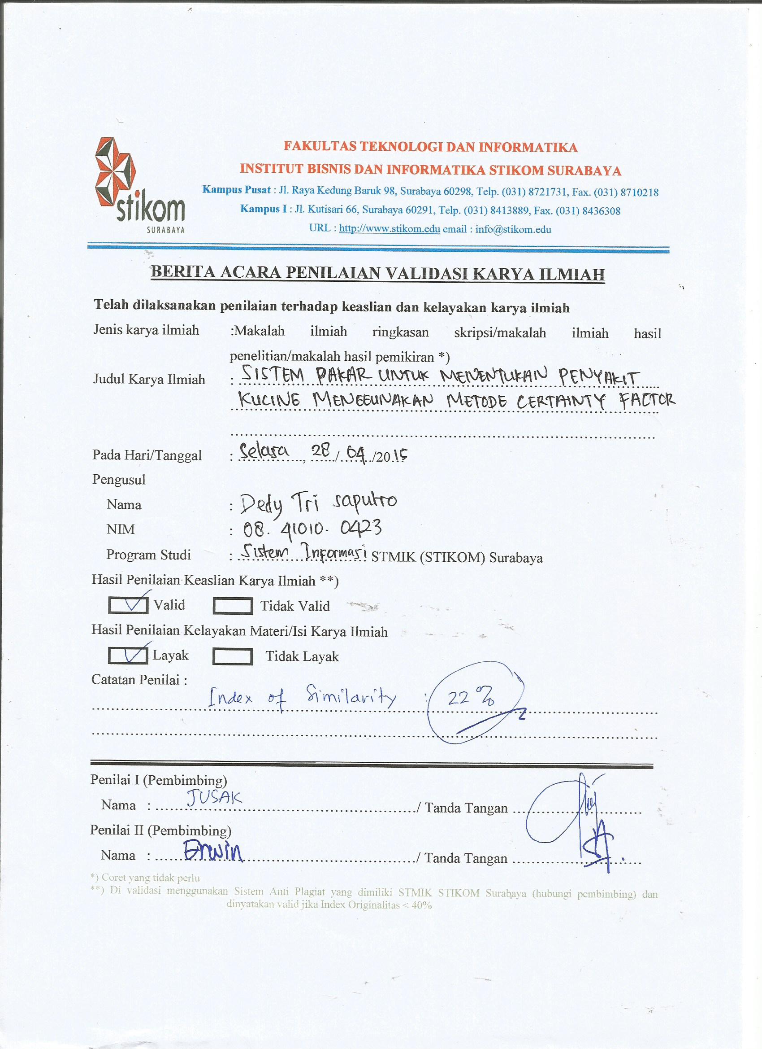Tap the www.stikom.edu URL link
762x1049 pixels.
tap(389, 229)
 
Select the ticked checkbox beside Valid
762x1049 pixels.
tap(128, 605)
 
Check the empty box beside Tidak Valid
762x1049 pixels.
tap(233, 606)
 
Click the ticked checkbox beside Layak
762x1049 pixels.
tap(128, 656)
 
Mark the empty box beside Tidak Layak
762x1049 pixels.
tap(233, 657)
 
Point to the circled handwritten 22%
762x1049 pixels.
tap(470, 698)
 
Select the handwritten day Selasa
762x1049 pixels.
tap(264, 452)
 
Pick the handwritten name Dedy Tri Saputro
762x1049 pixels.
tap(318, 504)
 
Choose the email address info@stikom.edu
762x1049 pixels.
tap(513, 229)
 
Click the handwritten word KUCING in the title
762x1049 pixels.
tap(269, 400)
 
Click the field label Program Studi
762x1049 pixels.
tap(148, 555)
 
